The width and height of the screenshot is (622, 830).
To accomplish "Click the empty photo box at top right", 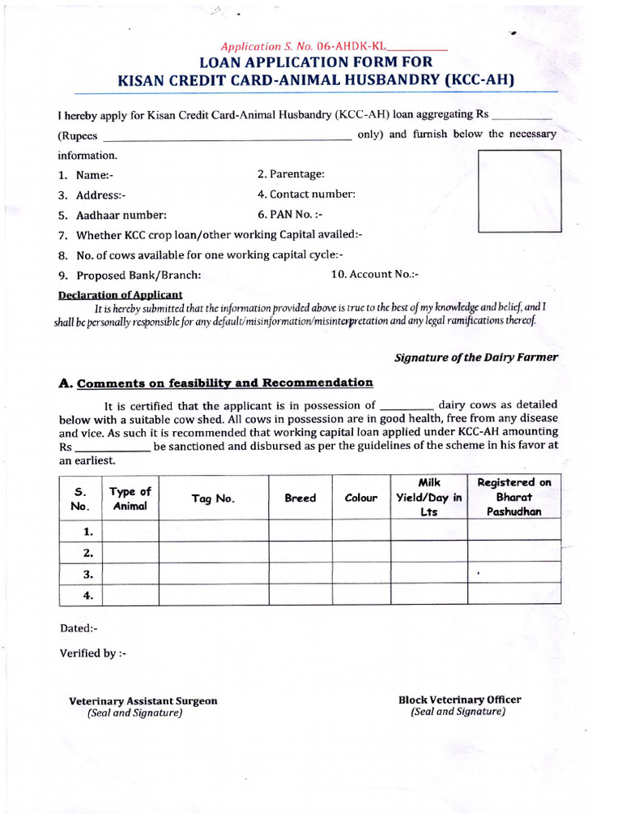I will tap(520, 191).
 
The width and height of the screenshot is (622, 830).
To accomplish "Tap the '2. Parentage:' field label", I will tap(291, 173).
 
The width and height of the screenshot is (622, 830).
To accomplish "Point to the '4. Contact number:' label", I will tap(306, 195).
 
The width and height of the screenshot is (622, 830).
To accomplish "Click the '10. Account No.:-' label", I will tap(374, 274).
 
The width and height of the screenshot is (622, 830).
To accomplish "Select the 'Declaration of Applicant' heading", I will tap(121, 295).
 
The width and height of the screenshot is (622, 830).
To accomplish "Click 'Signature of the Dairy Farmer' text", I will tap(475, 357).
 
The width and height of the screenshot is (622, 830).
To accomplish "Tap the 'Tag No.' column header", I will tap(213, 498).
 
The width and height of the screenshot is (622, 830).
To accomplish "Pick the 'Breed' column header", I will tap(300, 498).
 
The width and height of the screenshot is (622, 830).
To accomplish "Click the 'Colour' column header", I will tap(361, 498).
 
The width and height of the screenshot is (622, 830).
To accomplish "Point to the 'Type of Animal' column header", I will tap(130, 498).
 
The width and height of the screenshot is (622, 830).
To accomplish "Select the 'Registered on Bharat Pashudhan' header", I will tap(513, 497).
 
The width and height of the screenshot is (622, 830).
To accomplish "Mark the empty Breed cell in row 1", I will tap(300, 531).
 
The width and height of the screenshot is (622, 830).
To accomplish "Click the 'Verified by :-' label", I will tap(93, 653).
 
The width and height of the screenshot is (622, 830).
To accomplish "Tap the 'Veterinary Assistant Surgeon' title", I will tap(143, 701).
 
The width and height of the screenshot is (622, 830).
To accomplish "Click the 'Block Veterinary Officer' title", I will tap(459, 700).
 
